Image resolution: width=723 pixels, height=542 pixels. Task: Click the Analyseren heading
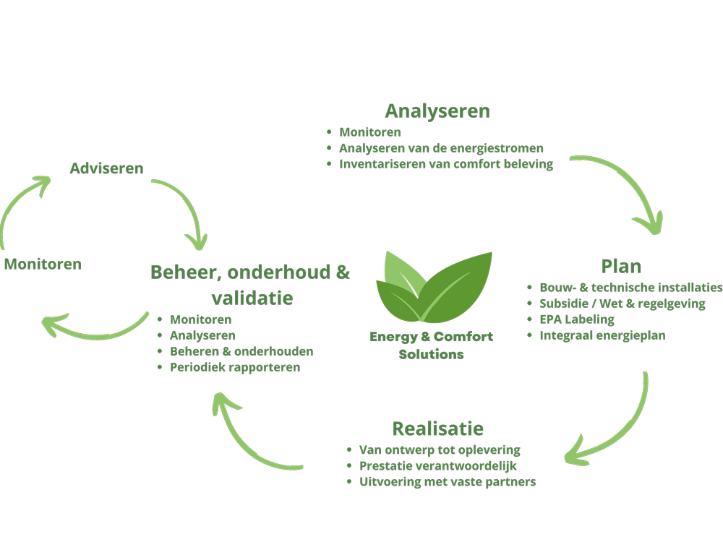[437, 111]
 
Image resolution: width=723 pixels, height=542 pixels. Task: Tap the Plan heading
[621, 265]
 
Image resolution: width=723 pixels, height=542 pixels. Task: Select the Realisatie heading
[437, 428]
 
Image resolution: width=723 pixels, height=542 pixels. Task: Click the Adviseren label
[106, 168]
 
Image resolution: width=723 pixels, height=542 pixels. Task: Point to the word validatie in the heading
[252, 298]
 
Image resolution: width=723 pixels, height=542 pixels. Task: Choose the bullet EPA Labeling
[577, 319]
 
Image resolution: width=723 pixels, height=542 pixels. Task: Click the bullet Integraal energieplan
[602, 335]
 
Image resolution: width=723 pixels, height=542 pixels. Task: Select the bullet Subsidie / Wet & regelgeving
[622, 303]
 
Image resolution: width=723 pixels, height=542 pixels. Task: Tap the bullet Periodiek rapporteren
[235, 367]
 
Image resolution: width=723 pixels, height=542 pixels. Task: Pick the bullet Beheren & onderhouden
[241, 351]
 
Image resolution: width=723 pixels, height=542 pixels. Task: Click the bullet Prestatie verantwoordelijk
[438, 465]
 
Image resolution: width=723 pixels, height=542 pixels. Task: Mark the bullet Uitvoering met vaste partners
[448, 481]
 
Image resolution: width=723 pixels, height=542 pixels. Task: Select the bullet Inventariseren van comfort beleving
[446, 164]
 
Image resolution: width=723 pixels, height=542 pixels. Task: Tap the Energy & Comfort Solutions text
[432, 345]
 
